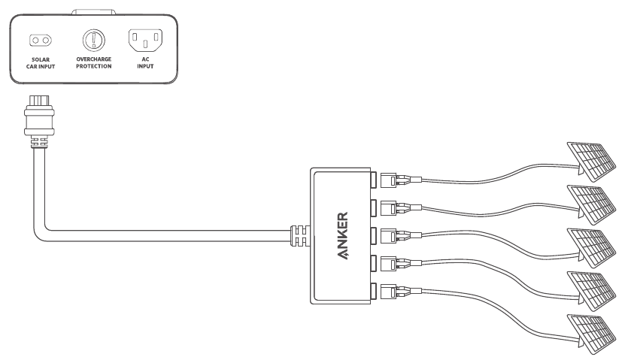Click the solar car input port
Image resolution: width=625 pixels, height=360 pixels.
[x=41, y=41]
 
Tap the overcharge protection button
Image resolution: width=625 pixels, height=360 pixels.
[x=94, y=40]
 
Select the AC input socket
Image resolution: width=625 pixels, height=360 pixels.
[x=145, y=41]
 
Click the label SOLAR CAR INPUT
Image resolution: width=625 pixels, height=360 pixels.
[x=41, y=63]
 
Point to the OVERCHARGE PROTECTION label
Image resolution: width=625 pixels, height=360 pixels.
[x=94, y=62]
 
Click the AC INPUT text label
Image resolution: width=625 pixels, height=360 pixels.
[x=145, y=62]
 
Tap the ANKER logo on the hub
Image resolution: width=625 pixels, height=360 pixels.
[x=343, y=236]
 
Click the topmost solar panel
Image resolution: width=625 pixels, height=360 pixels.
[x=592, y=161]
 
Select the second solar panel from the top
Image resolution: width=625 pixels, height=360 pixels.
[x=592, y=204]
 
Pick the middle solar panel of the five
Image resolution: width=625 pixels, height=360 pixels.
[x=592, y=248]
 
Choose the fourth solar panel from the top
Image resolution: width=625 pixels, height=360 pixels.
[x=592, y=291]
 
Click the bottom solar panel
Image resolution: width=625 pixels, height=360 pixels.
[x=592, y=334]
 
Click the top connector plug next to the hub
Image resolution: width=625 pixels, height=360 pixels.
[x=401, y=180]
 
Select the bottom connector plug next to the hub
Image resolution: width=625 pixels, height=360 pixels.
[x=401, y=292]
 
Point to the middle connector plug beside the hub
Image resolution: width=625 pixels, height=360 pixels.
[x=401, y=236]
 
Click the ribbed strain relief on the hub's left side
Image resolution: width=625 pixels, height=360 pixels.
[x=300, y=236]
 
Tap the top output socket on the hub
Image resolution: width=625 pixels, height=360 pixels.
[x=374, y=180]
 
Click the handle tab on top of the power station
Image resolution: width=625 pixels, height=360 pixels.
[x=94, y=12]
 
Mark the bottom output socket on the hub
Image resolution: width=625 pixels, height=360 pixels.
[x=374, y=292]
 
